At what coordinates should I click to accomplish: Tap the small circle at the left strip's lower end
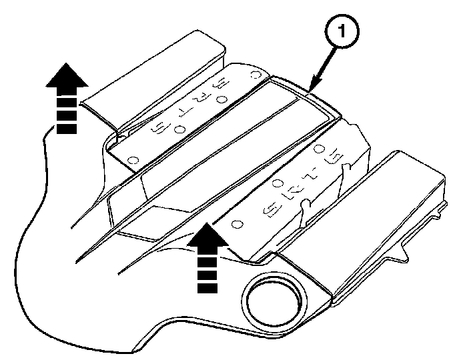[133, 160]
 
